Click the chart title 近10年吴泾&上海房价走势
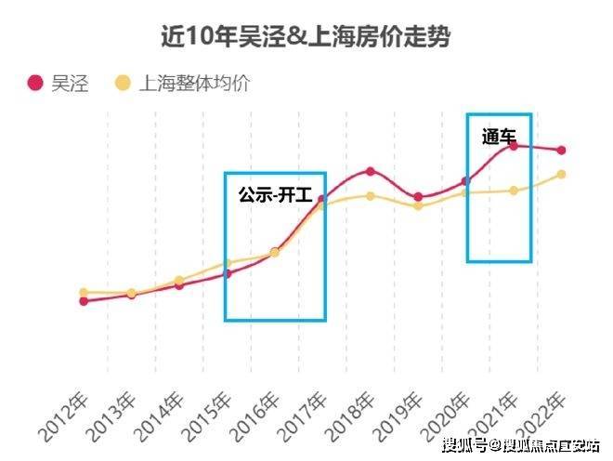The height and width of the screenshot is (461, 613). [x=306, y=36]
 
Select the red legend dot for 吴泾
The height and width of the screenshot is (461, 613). [x=35, y=83]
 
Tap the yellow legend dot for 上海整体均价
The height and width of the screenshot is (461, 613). [x=123, y=83]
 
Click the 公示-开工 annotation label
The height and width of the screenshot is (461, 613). [x=276, y=194]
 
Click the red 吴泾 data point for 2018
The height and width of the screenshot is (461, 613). [x=371, y=171]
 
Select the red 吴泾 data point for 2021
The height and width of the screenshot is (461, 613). [x=515, y=146]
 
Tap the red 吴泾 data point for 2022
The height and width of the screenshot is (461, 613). [x=561, y=150]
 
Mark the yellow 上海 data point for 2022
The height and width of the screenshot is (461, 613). [x=561, y=174]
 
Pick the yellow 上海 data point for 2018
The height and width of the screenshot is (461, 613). [x=371, y=196]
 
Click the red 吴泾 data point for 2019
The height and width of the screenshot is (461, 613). [x=418, y=197]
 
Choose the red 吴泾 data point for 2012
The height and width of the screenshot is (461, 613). [x=84, y=301]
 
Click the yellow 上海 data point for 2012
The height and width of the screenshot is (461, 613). [x=84, y=293]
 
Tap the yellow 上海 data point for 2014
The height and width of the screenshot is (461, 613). [x=179, y=280]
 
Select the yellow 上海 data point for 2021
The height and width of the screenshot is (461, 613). [x=515, y=191]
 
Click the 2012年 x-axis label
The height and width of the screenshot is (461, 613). [x=64, y=418]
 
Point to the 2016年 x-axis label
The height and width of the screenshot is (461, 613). [x=254, y=418]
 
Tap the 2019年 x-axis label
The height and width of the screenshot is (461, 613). [x=398, y=418]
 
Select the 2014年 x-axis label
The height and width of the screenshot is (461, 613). [x=159, y=418]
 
